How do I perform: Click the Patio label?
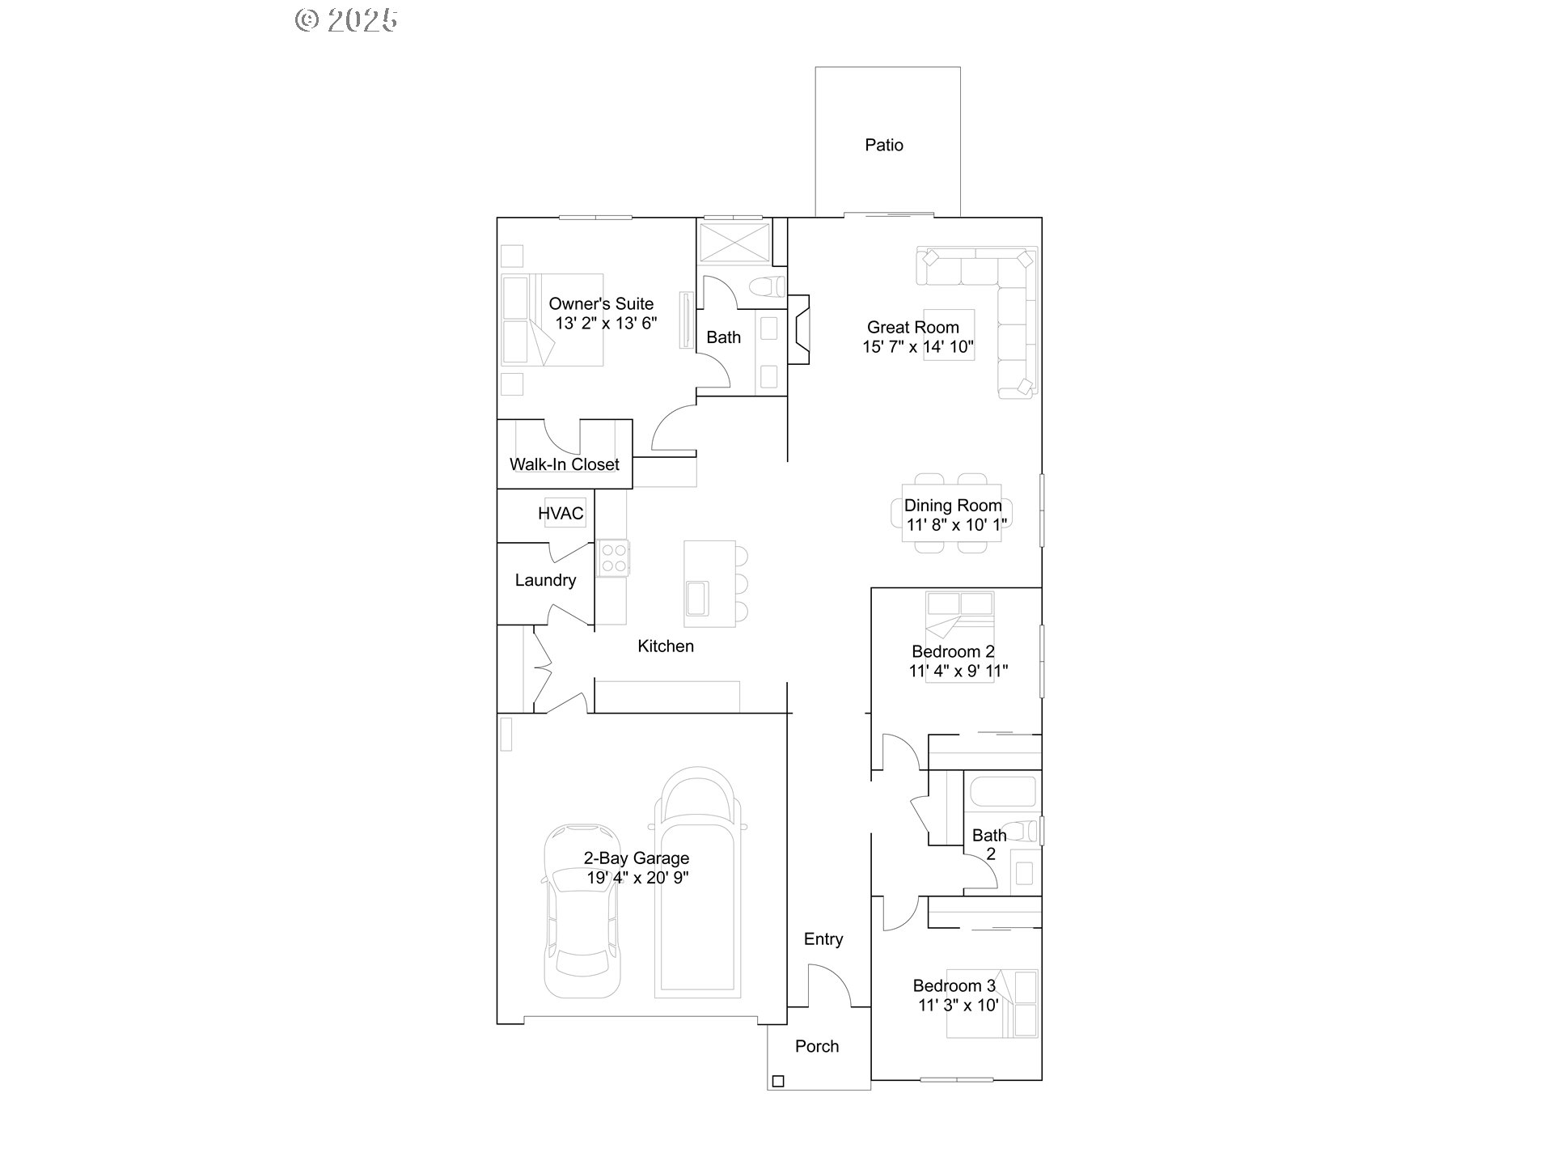[883, 146]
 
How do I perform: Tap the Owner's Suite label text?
[601, 304]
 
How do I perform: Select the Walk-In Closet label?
[564, 464]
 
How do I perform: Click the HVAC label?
[561, 514]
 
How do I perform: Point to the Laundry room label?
[545, 580]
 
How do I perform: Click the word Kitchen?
[665, 646]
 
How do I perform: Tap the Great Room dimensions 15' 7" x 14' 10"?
[918, 347]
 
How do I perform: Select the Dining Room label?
[953, 506]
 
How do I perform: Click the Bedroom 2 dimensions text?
[958, 671]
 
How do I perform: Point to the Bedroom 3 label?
[954, 985]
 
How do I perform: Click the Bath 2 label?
[989, 844]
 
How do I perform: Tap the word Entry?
[823, 939]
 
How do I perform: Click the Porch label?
[817, 1047]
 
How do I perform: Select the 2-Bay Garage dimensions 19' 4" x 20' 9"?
[637, 878]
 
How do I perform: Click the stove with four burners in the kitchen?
[613, 557]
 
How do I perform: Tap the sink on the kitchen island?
[697, 598]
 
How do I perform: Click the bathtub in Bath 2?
[1002, 791]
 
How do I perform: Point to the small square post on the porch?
[778, 1081]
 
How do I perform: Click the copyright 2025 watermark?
[346, 20]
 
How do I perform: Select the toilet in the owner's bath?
[767, 286]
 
